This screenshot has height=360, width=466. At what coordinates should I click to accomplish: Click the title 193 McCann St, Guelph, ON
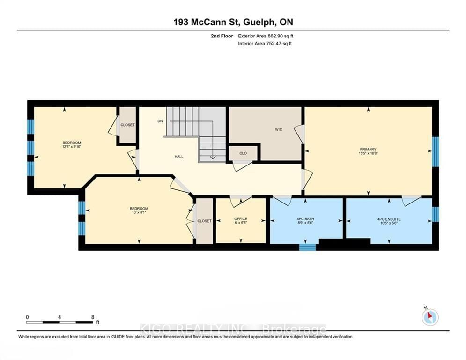(233, 22)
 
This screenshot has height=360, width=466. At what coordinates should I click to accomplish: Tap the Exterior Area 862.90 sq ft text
(266, 36)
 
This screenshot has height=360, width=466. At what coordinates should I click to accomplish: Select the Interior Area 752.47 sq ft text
(266, 44)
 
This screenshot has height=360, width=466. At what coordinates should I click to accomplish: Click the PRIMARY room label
(368, 150)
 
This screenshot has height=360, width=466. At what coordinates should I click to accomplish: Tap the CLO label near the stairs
(243, 153)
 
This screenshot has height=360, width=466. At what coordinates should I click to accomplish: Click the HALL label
(179, 157)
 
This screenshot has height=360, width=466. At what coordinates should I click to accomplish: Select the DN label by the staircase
(160, 121)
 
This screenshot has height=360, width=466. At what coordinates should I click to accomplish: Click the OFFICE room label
(241, 219)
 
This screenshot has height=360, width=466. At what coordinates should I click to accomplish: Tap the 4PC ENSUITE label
(389, 219)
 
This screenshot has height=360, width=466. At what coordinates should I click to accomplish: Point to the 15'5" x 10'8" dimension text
(368, 154)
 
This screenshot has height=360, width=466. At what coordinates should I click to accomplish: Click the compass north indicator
(429, 316)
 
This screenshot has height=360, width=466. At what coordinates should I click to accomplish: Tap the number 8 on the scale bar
(92, 317)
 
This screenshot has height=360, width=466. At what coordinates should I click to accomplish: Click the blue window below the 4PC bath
(308, 247)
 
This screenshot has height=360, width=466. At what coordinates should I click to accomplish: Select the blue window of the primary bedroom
(435, 151)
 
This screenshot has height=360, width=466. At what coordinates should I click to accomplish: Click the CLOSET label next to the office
(204, 221)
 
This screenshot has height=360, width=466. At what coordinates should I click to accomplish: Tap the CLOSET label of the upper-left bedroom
(127, 125)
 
